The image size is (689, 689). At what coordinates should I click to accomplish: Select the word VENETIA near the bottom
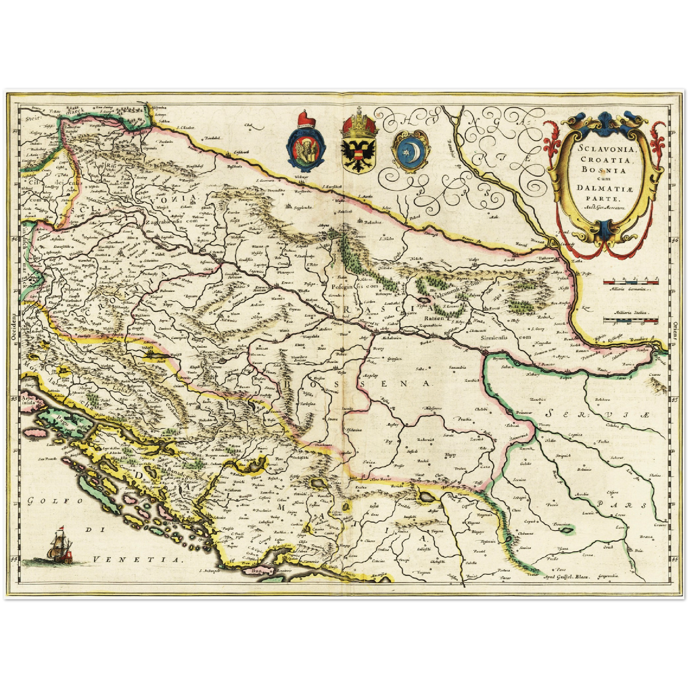(x=138, y=560)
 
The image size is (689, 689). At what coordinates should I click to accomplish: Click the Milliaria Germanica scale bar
(x=631, y=282)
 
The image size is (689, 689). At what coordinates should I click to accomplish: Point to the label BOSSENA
(x=358, y=383)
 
